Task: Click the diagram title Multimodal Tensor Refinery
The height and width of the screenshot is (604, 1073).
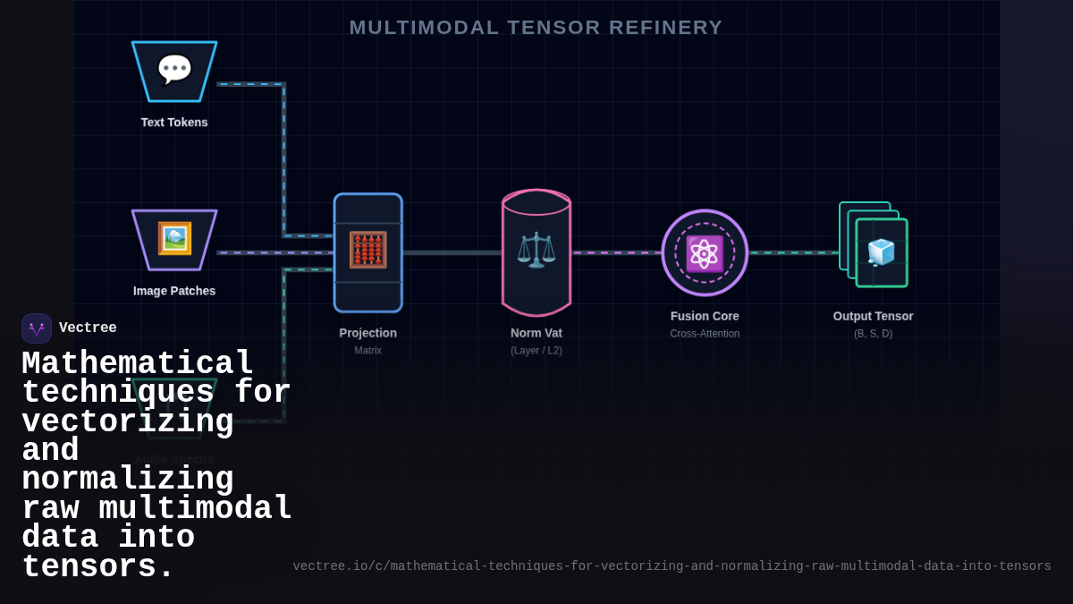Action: point(536,28)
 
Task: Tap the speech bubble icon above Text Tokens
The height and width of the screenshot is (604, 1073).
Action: point(174,70)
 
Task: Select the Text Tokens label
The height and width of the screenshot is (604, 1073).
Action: point(174,123)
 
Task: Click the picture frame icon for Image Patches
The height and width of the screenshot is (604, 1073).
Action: point(174,239)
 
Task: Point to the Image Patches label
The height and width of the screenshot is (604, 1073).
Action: point(174,291)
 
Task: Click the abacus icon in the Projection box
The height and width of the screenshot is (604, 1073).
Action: point(368,251)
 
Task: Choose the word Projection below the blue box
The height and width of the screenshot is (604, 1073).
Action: point(368,333)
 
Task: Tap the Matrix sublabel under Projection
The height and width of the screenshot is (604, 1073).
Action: point(368,351)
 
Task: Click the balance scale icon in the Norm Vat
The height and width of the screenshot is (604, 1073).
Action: point(536,250)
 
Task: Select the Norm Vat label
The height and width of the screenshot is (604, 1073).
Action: point(536,333)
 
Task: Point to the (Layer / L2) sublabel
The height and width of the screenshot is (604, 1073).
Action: point(536,351)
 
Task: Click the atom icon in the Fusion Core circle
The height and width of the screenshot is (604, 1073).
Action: point(705,253)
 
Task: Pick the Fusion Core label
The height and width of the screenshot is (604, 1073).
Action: point(705,316)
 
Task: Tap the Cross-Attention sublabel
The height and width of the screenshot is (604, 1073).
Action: point(705,334)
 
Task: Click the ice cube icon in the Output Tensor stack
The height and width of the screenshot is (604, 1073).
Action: point(881,252)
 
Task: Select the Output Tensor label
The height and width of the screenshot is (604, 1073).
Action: point(873,316)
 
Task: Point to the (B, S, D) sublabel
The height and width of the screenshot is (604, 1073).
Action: point(873,334)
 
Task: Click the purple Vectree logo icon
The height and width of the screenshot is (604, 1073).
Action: point(37,328)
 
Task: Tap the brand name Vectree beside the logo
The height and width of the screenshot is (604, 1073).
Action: point(88,328)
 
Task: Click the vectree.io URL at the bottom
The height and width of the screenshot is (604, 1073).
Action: point(672,566)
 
